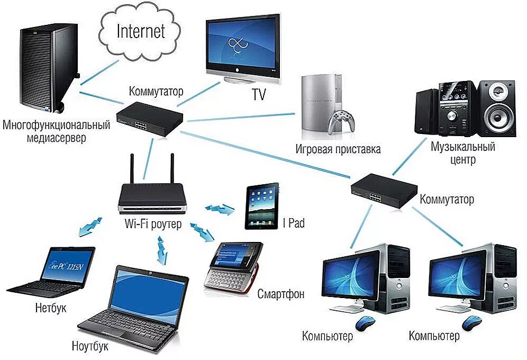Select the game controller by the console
tap(341, 121)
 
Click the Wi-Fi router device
tap(151, 195)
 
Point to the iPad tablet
tap(262, 206)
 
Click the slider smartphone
tap(233, 267)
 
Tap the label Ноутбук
tap(90, 347)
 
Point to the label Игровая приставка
tap(338, 149)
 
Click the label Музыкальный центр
tap(462, 152)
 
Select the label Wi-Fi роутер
tap(153, 224)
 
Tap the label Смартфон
tap(281, 294)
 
